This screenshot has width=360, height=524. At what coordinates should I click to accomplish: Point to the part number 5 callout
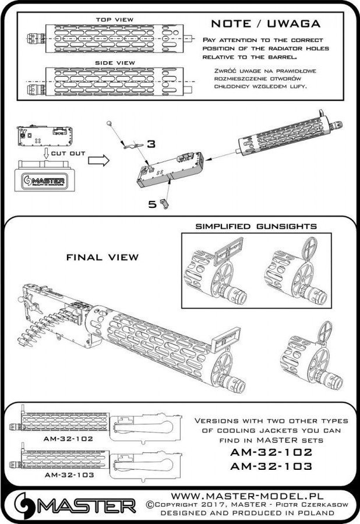pos(153,204)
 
